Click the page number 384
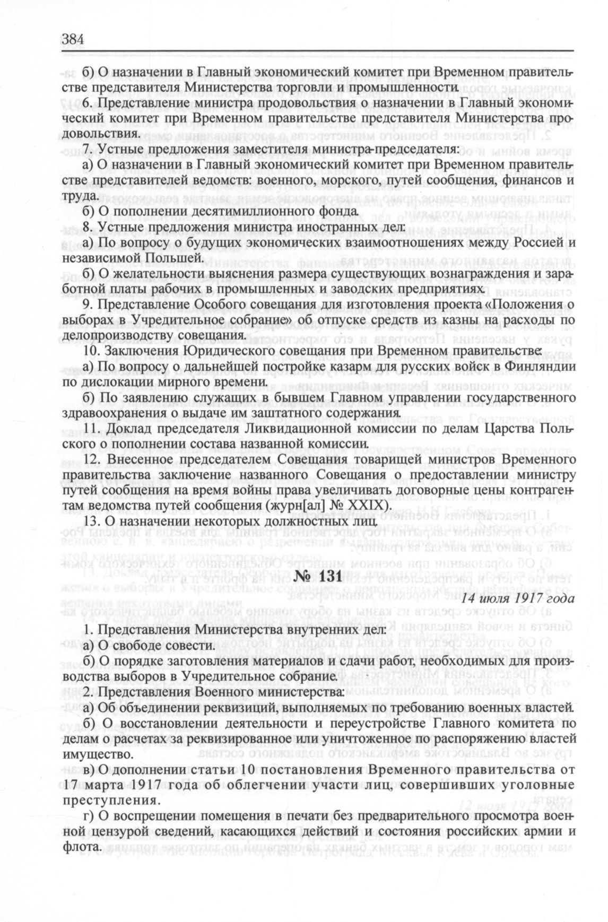pyautogui.click(x=74, y=39)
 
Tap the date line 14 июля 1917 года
pyautogui.click(x=511, y=598)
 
